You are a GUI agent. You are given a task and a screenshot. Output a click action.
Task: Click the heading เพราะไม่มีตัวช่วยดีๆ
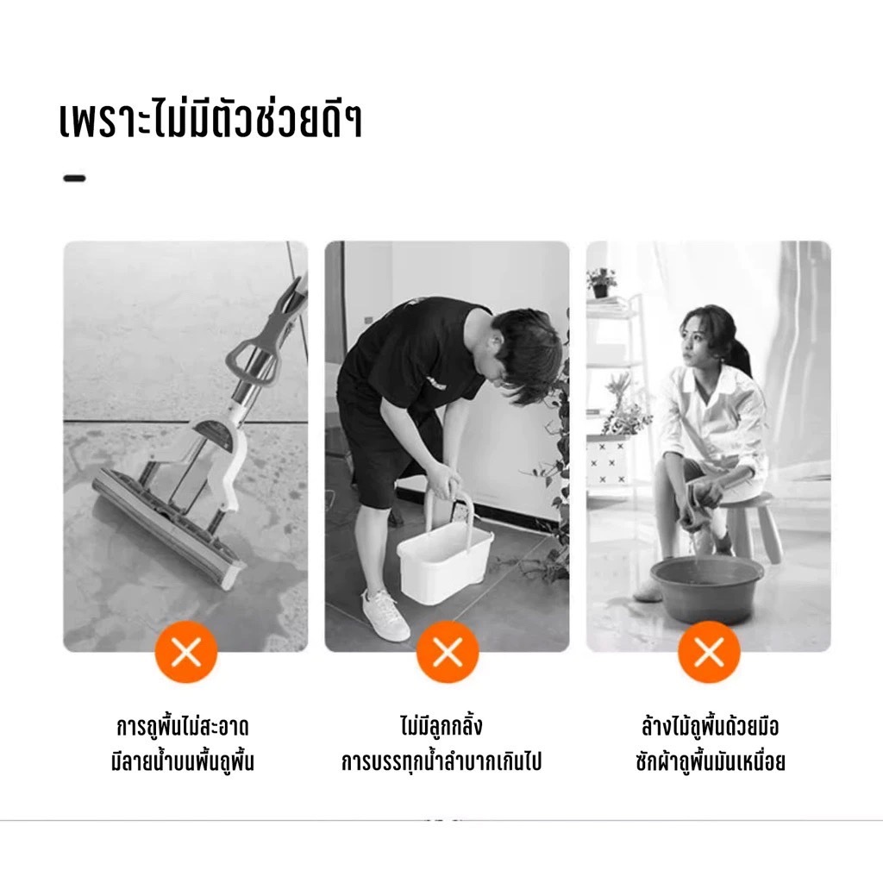coord(210,121)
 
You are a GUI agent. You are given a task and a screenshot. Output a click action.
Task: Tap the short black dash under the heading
coord(74,178)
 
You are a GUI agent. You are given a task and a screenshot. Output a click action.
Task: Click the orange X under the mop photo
coord(186,652)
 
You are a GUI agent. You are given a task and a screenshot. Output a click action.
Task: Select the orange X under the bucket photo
coord(448,652)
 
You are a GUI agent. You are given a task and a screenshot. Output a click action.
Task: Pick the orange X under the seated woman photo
coord(709,652)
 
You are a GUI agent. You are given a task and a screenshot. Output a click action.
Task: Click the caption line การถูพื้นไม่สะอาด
coord(183,726)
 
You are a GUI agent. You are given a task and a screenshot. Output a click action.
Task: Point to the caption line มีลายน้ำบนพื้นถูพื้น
coord(183,761)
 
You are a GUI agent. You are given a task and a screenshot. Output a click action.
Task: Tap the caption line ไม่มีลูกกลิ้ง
coord(441,725)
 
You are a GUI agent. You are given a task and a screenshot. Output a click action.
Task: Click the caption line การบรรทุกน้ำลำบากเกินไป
coord(441,761)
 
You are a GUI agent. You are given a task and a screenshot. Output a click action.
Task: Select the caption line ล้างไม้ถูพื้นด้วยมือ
coord(711,725)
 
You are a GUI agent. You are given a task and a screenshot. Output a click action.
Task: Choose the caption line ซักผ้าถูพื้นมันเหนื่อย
coord(711,761)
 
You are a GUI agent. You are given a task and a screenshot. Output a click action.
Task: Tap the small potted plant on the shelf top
coord(601,283)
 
